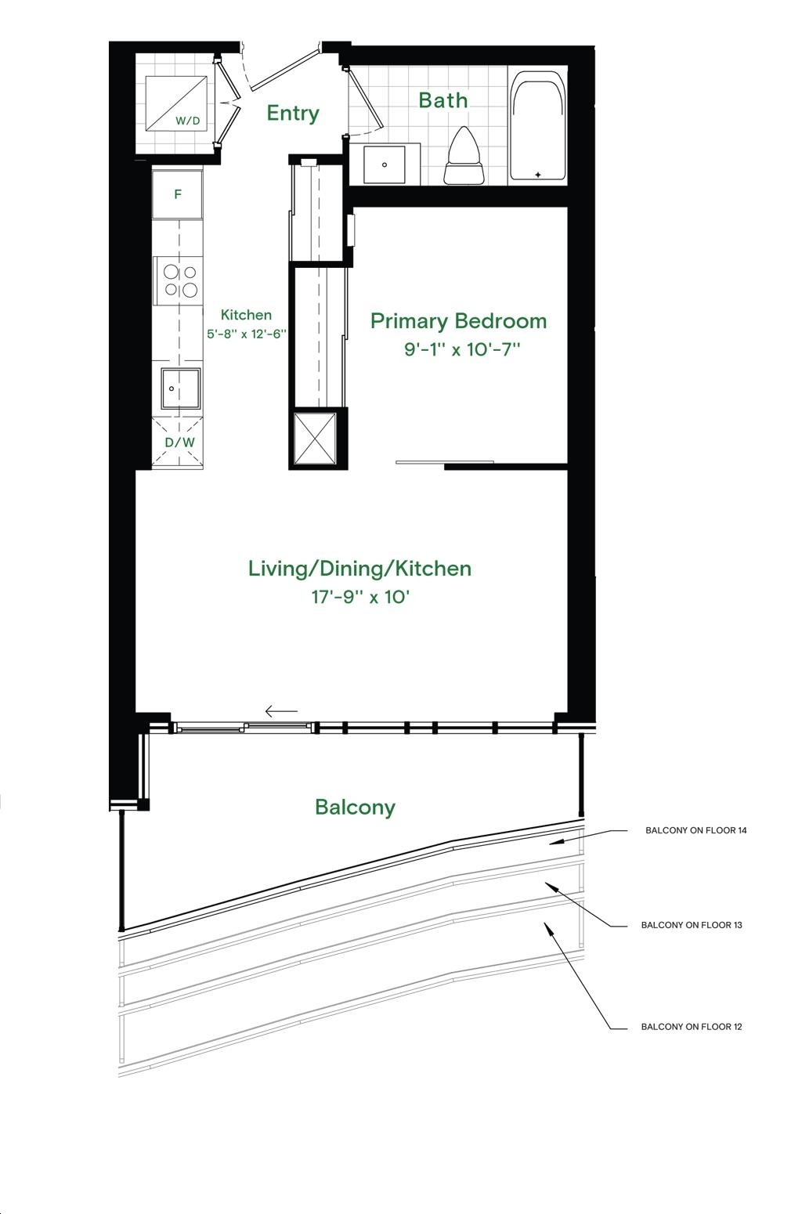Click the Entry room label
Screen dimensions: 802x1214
293,114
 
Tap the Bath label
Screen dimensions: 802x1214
443,100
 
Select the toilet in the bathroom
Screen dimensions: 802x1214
464,156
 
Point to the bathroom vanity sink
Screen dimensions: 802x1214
385,164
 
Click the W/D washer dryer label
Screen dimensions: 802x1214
187,121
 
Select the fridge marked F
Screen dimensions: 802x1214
177,194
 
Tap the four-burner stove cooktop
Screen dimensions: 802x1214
180,280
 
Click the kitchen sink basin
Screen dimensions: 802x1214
181,388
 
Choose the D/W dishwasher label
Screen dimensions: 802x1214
180,443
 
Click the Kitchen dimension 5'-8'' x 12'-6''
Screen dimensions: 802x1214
247,334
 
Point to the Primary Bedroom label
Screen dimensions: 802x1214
458,321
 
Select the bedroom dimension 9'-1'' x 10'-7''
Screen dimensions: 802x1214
462,349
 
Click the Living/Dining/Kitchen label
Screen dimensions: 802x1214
359,569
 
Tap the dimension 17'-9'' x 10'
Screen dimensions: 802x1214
359,598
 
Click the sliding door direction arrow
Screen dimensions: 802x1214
281,710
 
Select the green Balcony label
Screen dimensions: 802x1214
356,807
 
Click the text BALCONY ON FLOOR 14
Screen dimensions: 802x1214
695,830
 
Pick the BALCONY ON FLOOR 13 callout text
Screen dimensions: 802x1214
692,925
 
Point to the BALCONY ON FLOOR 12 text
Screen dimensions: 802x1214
692,1027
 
